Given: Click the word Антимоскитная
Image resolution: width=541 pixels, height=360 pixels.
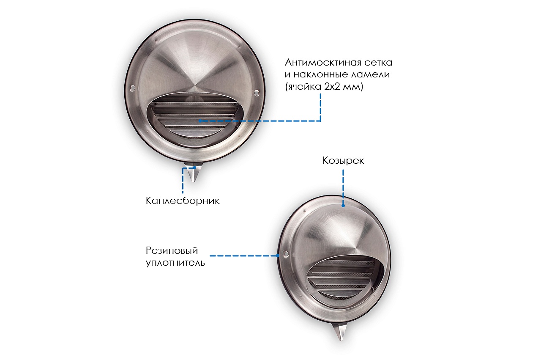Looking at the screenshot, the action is (322, 63).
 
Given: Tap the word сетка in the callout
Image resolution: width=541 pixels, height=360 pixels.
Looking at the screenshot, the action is (378, 63).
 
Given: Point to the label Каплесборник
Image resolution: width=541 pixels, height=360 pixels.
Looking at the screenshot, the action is (183, 201).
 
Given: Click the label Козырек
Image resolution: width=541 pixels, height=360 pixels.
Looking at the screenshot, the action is (343, 160).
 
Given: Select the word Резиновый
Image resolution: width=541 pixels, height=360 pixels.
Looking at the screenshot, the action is (172, 251).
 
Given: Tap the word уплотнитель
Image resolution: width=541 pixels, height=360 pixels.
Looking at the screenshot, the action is (175, 263).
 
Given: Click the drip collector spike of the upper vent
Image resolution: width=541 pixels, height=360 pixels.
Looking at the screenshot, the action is (193, 173).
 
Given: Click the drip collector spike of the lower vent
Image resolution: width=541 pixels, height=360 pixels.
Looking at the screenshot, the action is (340, 332).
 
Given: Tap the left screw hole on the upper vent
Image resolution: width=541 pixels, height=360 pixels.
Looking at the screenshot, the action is (132, 88).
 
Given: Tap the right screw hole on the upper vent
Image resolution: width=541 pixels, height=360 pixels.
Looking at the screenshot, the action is (257, 92).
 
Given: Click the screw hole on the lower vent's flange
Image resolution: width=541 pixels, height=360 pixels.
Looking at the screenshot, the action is (286, 254).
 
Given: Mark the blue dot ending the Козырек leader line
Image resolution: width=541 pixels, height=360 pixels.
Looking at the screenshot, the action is (343, 206).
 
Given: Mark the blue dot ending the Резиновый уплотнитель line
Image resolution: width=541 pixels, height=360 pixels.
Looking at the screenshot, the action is (278, 256).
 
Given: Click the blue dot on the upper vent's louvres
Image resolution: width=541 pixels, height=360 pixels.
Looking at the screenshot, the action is (200, 121).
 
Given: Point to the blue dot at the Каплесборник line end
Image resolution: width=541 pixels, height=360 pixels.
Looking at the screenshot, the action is (195, 167).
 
